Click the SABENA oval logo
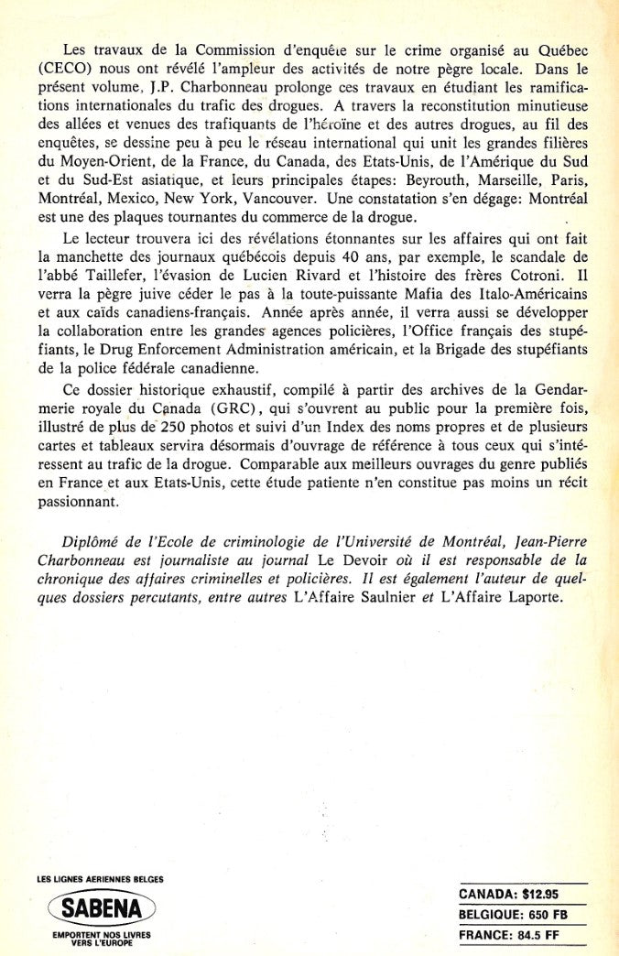click(102, 908)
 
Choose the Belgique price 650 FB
click(560, 915)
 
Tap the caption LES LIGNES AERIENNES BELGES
click(101, 880)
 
